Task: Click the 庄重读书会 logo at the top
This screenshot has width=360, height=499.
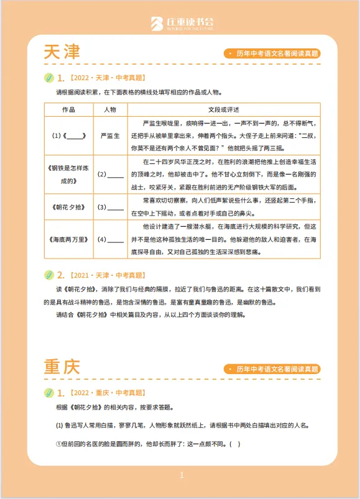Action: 180,24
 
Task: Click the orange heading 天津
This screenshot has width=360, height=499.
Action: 62,52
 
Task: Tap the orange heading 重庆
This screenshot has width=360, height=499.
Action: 62,367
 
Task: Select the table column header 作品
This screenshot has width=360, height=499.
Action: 69,109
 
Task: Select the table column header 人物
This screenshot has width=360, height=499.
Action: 111,109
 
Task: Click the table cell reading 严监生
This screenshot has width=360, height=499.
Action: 111,135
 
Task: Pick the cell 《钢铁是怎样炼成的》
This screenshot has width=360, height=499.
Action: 69,174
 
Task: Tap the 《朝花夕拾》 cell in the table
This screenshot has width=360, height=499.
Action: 69,207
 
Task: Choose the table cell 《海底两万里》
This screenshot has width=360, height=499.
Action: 69,239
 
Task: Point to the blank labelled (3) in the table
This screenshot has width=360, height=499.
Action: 116,207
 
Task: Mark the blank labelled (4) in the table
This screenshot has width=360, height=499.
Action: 116,239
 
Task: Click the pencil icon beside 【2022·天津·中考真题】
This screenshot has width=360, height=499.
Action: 49,78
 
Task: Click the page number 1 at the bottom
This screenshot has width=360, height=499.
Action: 181,475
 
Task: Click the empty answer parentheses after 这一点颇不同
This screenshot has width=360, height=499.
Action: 234,444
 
